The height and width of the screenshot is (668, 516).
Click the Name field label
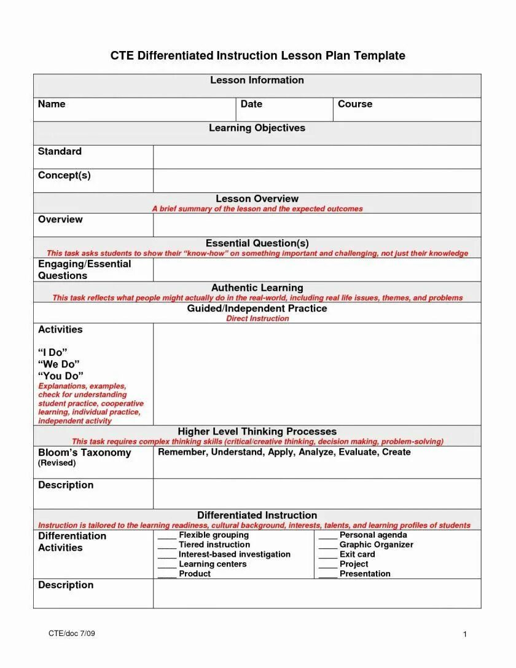tap(52, 104)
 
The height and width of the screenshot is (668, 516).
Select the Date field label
tap(251, 104)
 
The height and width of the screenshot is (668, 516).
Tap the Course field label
tap(355, 104)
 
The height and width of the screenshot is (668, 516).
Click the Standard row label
tap(60, 152)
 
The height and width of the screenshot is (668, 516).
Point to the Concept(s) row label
tap(64, 176)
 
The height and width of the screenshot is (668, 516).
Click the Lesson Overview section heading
tap(257, 199)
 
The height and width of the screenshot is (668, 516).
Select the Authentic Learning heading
tap(257, 288)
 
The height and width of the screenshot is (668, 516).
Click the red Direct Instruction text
tap(257, 319)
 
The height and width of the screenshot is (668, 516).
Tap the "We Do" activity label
tap(59, 364)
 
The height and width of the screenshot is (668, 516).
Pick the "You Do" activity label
tap(61, 376)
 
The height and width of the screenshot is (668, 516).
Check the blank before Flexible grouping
tap(167, 536)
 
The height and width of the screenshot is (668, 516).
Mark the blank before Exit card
tap(328, 555)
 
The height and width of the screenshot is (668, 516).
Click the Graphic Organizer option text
tap(376, 545)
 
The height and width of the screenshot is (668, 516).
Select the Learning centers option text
tap(213, 564)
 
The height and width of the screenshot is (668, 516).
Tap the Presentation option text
tap(365, 574)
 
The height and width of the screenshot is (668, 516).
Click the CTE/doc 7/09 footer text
tap(72, 634)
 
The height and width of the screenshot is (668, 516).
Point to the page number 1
tap(466, 634)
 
